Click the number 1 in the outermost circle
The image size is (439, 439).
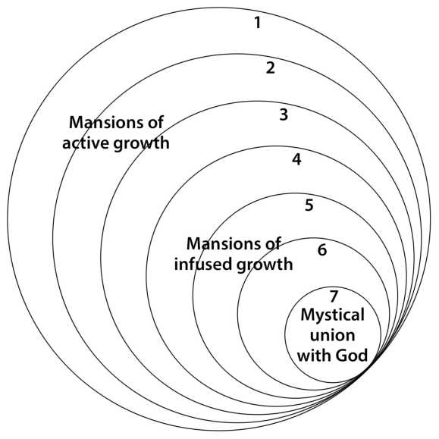258,23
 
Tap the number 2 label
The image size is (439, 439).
270,68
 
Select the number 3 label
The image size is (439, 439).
284,114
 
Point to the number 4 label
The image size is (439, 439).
296,160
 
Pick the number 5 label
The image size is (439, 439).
309,205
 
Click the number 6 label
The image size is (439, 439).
322,249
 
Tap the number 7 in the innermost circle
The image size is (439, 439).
334,296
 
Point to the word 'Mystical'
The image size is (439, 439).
332,315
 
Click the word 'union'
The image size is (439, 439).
332,335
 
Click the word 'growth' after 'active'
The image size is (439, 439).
141,144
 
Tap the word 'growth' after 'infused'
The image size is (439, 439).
265,265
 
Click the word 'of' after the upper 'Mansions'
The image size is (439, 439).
155,122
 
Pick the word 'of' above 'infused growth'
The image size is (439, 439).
272,243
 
